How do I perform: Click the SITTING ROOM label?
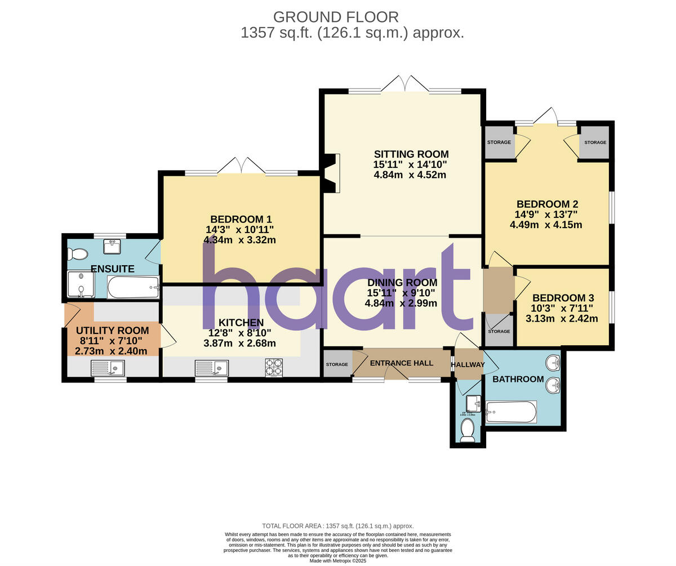[x=411, y=154]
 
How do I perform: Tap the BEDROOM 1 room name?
[x=241, y=219]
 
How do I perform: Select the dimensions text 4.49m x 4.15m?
[x=545, y=225]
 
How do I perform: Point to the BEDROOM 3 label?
[x=563, y=298]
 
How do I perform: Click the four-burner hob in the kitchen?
[x=274, y=367]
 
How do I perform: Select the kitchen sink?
[x=211, y=368]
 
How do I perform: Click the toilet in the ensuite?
[x=77, y=254]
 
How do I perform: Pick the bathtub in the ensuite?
[x=133, y=287]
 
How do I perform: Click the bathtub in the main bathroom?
[x=511, y=412]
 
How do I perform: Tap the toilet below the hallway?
[x=468, y=431]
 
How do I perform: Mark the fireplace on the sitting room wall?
[x=332, y=173]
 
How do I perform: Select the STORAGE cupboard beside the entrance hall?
[x=337, y=364]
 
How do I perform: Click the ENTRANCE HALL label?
[x=401, y=363]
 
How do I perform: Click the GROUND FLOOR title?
[x=336, y=17]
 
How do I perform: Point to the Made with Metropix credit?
[x=337, y=561]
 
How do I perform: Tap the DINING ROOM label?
[x=402, y=283]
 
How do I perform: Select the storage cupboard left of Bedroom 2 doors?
[x=499, y=142]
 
